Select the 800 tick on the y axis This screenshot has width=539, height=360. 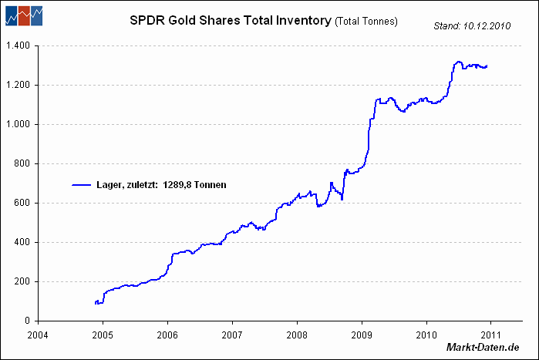[22, 164]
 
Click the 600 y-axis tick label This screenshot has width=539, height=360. [22, 204]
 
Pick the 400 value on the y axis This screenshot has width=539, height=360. [22, 243]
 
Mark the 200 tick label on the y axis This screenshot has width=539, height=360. [22, 282]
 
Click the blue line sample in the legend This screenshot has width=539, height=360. [82, 185]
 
